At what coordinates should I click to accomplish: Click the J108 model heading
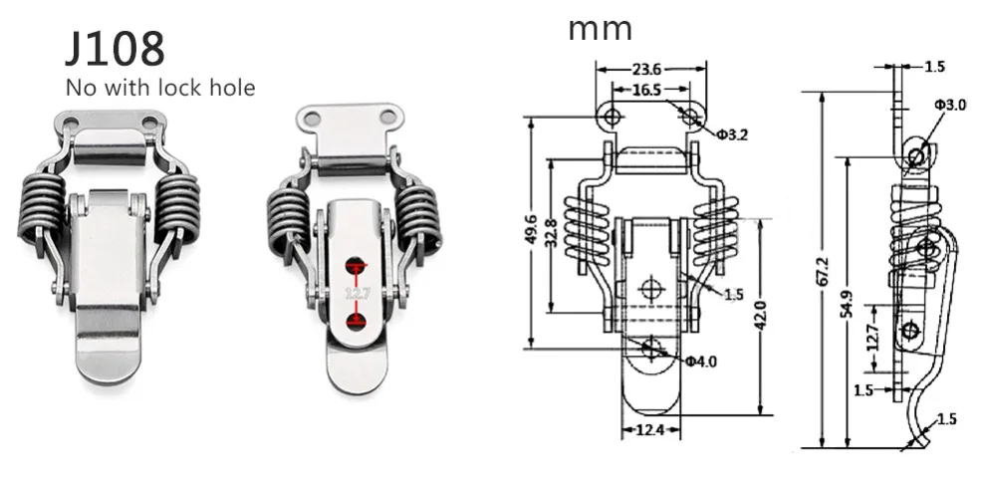115,48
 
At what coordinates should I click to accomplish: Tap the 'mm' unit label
600,28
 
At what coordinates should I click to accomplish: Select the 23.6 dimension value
646,70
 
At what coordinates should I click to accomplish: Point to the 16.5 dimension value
645,90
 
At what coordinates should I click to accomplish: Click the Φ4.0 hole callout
700,361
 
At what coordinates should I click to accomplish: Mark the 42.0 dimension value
760,317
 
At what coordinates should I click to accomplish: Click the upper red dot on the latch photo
356,265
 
